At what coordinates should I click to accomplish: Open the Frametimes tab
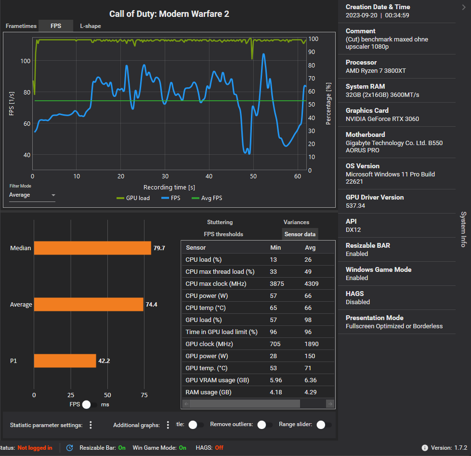click(21, 26)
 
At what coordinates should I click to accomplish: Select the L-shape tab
click(91, 26)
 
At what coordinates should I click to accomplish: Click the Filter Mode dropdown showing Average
click(32, 195)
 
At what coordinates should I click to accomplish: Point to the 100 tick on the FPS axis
click(25, 61)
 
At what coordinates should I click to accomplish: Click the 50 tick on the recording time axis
click(253, 177)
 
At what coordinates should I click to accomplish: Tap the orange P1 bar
click(65, 361)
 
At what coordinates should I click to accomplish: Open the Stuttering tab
click(220, 222)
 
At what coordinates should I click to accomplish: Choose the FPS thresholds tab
click(223, 234)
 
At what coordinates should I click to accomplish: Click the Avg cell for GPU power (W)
click(310, 356)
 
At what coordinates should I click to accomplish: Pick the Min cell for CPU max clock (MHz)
click(277, 284)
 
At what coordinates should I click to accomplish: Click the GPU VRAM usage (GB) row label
click(217, 380)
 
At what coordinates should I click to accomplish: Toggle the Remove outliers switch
click(265, 425)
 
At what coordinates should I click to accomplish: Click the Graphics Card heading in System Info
click(367, 110)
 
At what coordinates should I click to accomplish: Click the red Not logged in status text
click(35, 448)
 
